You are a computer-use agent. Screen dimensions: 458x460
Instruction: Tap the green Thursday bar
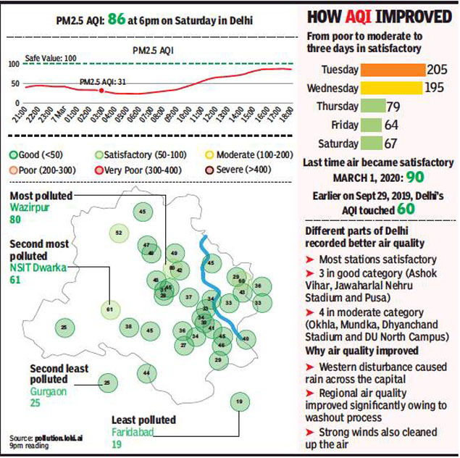tap(372, 107)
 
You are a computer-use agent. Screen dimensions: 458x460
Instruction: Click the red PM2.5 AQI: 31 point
tap(101, 91)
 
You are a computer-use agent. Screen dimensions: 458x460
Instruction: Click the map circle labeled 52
tap(118, 233)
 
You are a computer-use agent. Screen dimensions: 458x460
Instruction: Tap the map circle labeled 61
tap(109, 309)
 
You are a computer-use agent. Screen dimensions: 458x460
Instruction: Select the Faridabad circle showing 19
tap(239, 401)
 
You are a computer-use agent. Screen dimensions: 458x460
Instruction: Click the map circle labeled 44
tap(147, 372)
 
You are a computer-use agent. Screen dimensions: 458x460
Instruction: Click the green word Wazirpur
tap(27, 207)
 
